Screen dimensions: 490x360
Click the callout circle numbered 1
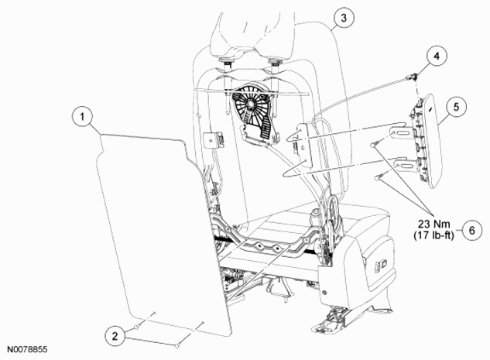point(82,117)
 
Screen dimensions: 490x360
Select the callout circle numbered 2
point(115,336)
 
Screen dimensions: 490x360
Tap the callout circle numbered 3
point(344,18)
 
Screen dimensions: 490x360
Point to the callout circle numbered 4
point(437,56)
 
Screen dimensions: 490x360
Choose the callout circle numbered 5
point(456,107)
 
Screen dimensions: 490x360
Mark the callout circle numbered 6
point(471,230)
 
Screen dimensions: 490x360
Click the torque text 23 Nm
point(434,224)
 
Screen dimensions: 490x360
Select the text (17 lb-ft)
point(433,235)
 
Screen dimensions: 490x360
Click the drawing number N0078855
point(27,349)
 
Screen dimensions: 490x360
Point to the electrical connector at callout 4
point(410,76)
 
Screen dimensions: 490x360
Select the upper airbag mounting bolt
point(375,144)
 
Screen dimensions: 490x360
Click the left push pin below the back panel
point(137,327)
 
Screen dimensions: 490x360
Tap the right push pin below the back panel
point(177,345)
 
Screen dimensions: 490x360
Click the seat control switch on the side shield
point(382,266)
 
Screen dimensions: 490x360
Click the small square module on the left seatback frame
point(213,139)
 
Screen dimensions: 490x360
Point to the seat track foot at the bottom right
point(331,321)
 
